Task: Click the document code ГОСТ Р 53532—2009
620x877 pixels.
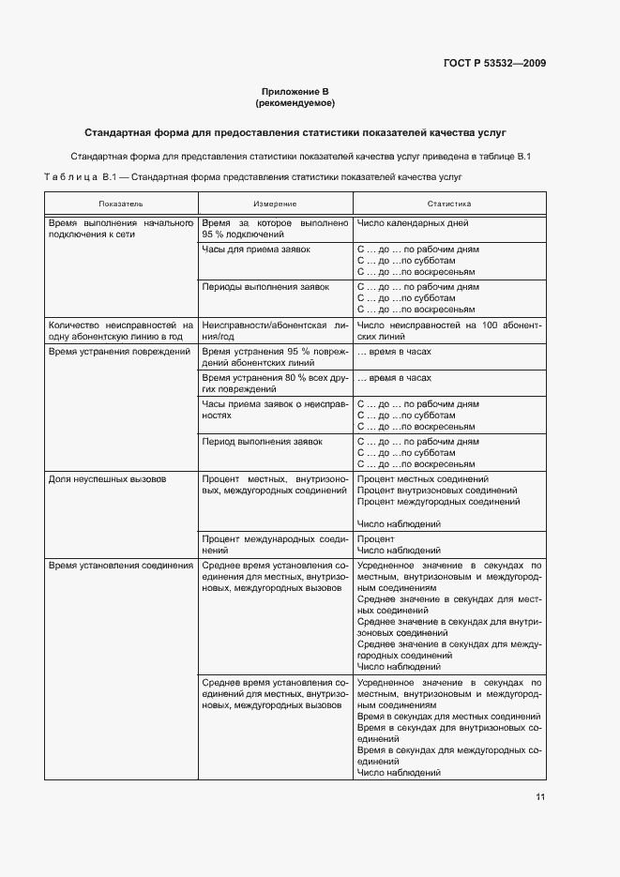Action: point(494,64)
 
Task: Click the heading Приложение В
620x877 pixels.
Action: point(295,91)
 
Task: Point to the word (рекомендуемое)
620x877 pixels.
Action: point(295,102)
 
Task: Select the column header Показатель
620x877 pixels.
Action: point(121,204)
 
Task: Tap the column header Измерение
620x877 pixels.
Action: point(275,204)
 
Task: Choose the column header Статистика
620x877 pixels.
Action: point(449,204)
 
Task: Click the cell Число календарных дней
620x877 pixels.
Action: point(413,224)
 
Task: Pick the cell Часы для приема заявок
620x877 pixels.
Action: point(256,250)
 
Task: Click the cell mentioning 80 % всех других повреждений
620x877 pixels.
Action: point(275,383)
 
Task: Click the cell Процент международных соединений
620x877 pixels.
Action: point(275,544)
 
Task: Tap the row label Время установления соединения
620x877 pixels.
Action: point(121,566)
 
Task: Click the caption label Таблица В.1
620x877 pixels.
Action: point(80,176)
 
